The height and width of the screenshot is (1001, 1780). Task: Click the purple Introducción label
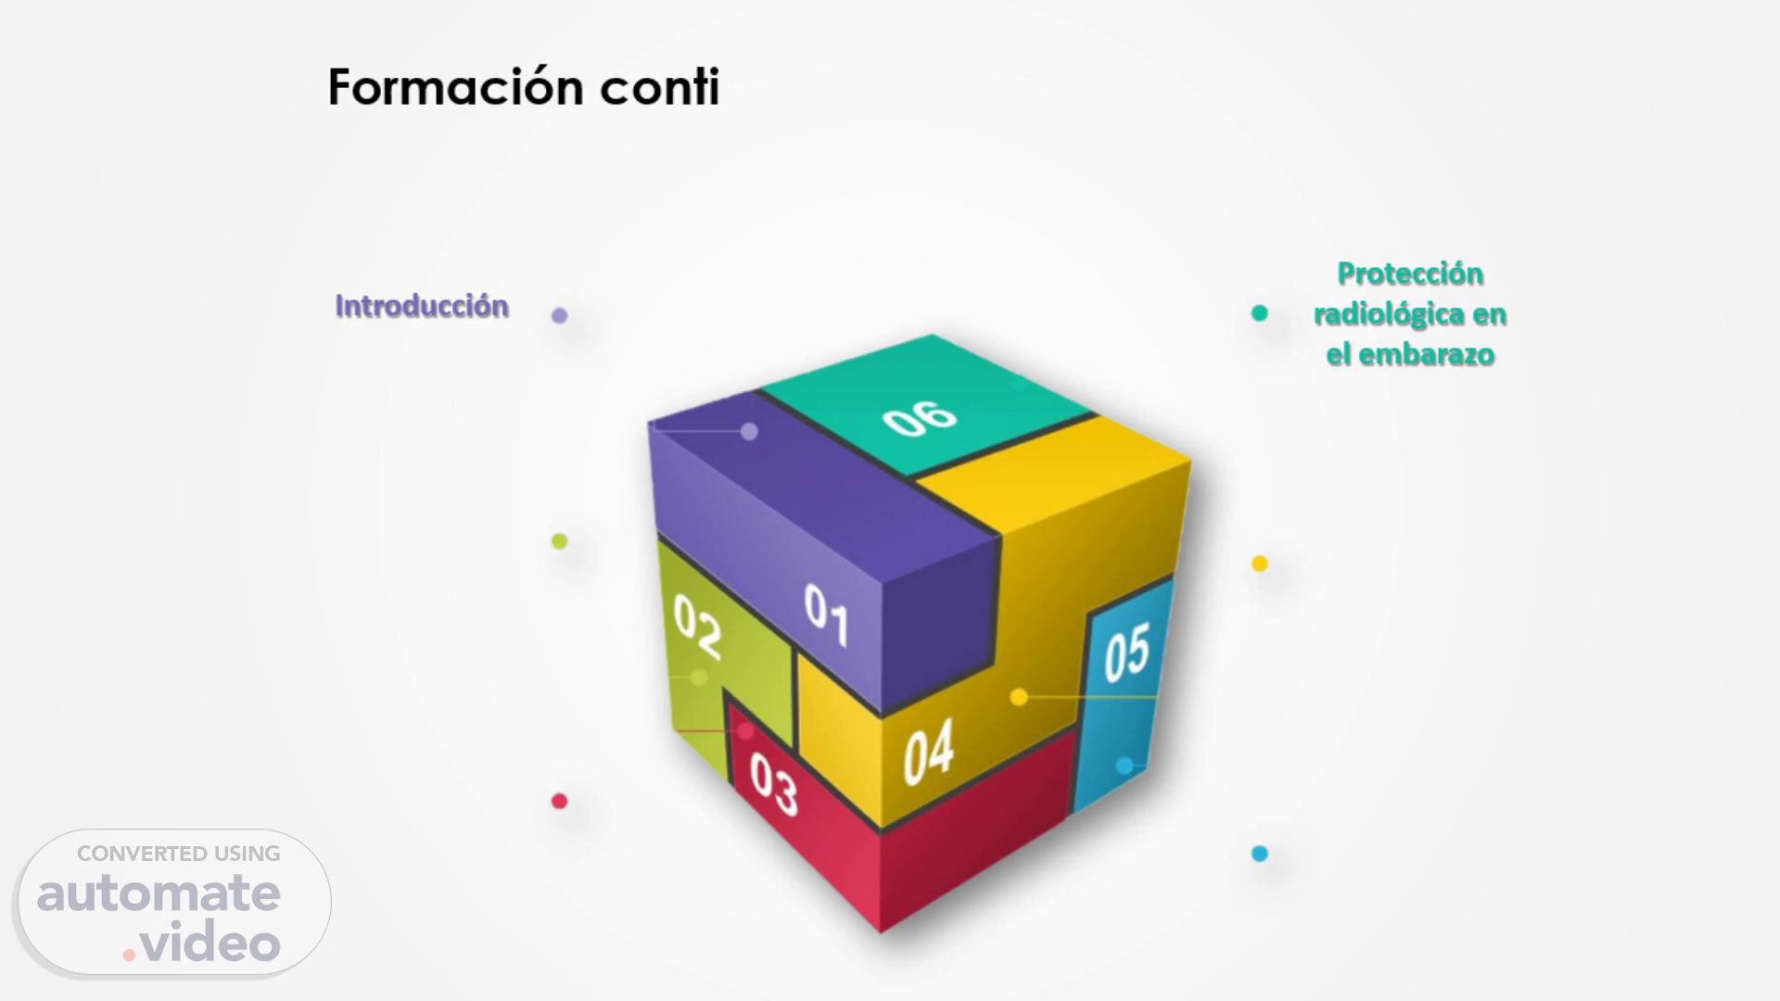click(422, 306)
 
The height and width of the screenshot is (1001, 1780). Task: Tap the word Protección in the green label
click(1410, 273)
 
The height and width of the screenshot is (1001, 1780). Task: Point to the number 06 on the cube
click(920, 418)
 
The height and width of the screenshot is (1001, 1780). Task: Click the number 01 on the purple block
click(826, 615)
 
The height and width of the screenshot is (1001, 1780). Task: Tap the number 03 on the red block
click(773, 784)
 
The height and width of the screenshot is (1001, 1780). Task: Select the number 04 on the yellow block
click(929, 753)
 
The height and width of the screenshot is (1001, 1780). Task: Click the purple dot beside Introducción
click(559, 315)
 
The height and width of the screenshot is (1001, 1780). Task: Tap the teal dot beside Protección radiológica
click(1259, 313)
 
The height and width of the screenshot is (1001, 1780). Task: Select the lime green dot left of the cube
click(559, 541)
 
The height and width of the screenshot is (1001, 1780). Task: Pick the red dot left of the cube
click(559, 801)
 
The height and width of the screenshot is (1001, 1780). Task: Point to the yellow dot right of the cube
click(1259, 564)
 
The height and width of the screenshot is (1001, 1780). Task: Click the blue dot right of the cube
click(1259, 854)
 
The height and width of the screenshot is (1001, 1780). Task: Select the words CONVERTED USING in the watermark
click(179, 854)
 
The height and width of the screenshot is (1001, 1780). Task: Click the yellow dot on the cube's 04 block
click(1019, 697)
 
